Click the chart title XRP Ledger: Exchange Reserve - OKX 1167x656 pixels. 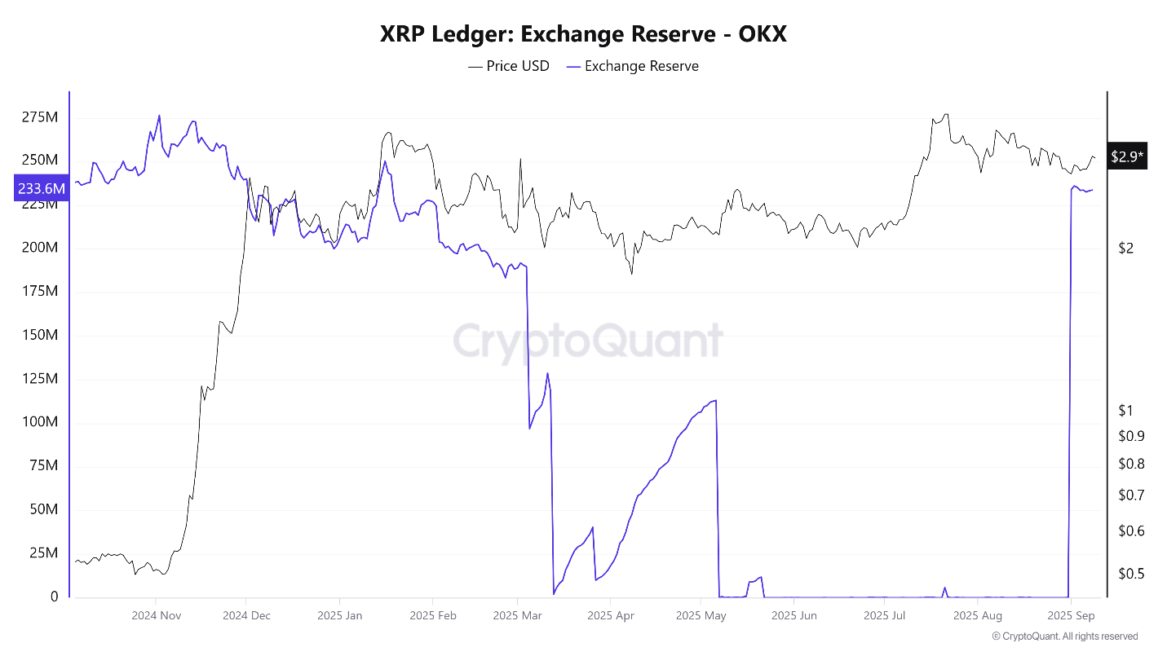pos(583,33)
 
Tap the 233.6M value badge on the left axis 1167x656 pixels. pos(41,188)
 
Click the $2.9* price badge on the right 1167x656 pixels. pos(1127,156)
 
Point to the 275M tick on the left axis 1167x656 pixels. pos(39,117)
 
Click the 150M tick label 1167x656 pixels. pos(39,335)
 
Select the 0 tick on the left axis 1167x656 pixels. pos(54,597)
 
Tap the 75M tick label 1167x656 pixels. pos(42,465)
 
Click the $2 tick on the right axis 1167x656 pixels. pos(1126,248)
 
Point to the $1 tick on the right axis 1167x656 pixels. pos(1126,410)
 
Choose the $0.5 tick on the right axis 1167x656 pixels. pos(1131,574)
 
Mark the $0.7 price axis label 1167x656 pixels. pos(1131,495)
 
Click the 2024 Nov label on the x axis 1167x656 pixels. pos(156,616)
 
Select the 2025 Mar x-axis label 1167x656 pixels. pos(517,616)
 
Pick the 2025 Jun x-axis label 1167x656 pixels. pos(794,616)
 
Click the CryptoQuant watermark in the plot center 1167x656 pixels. pos(588,341)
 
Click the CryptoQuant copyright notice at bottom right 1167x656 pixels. pos(1064,636)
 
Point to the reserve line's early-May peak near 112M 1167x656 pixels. pos(714,400)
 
